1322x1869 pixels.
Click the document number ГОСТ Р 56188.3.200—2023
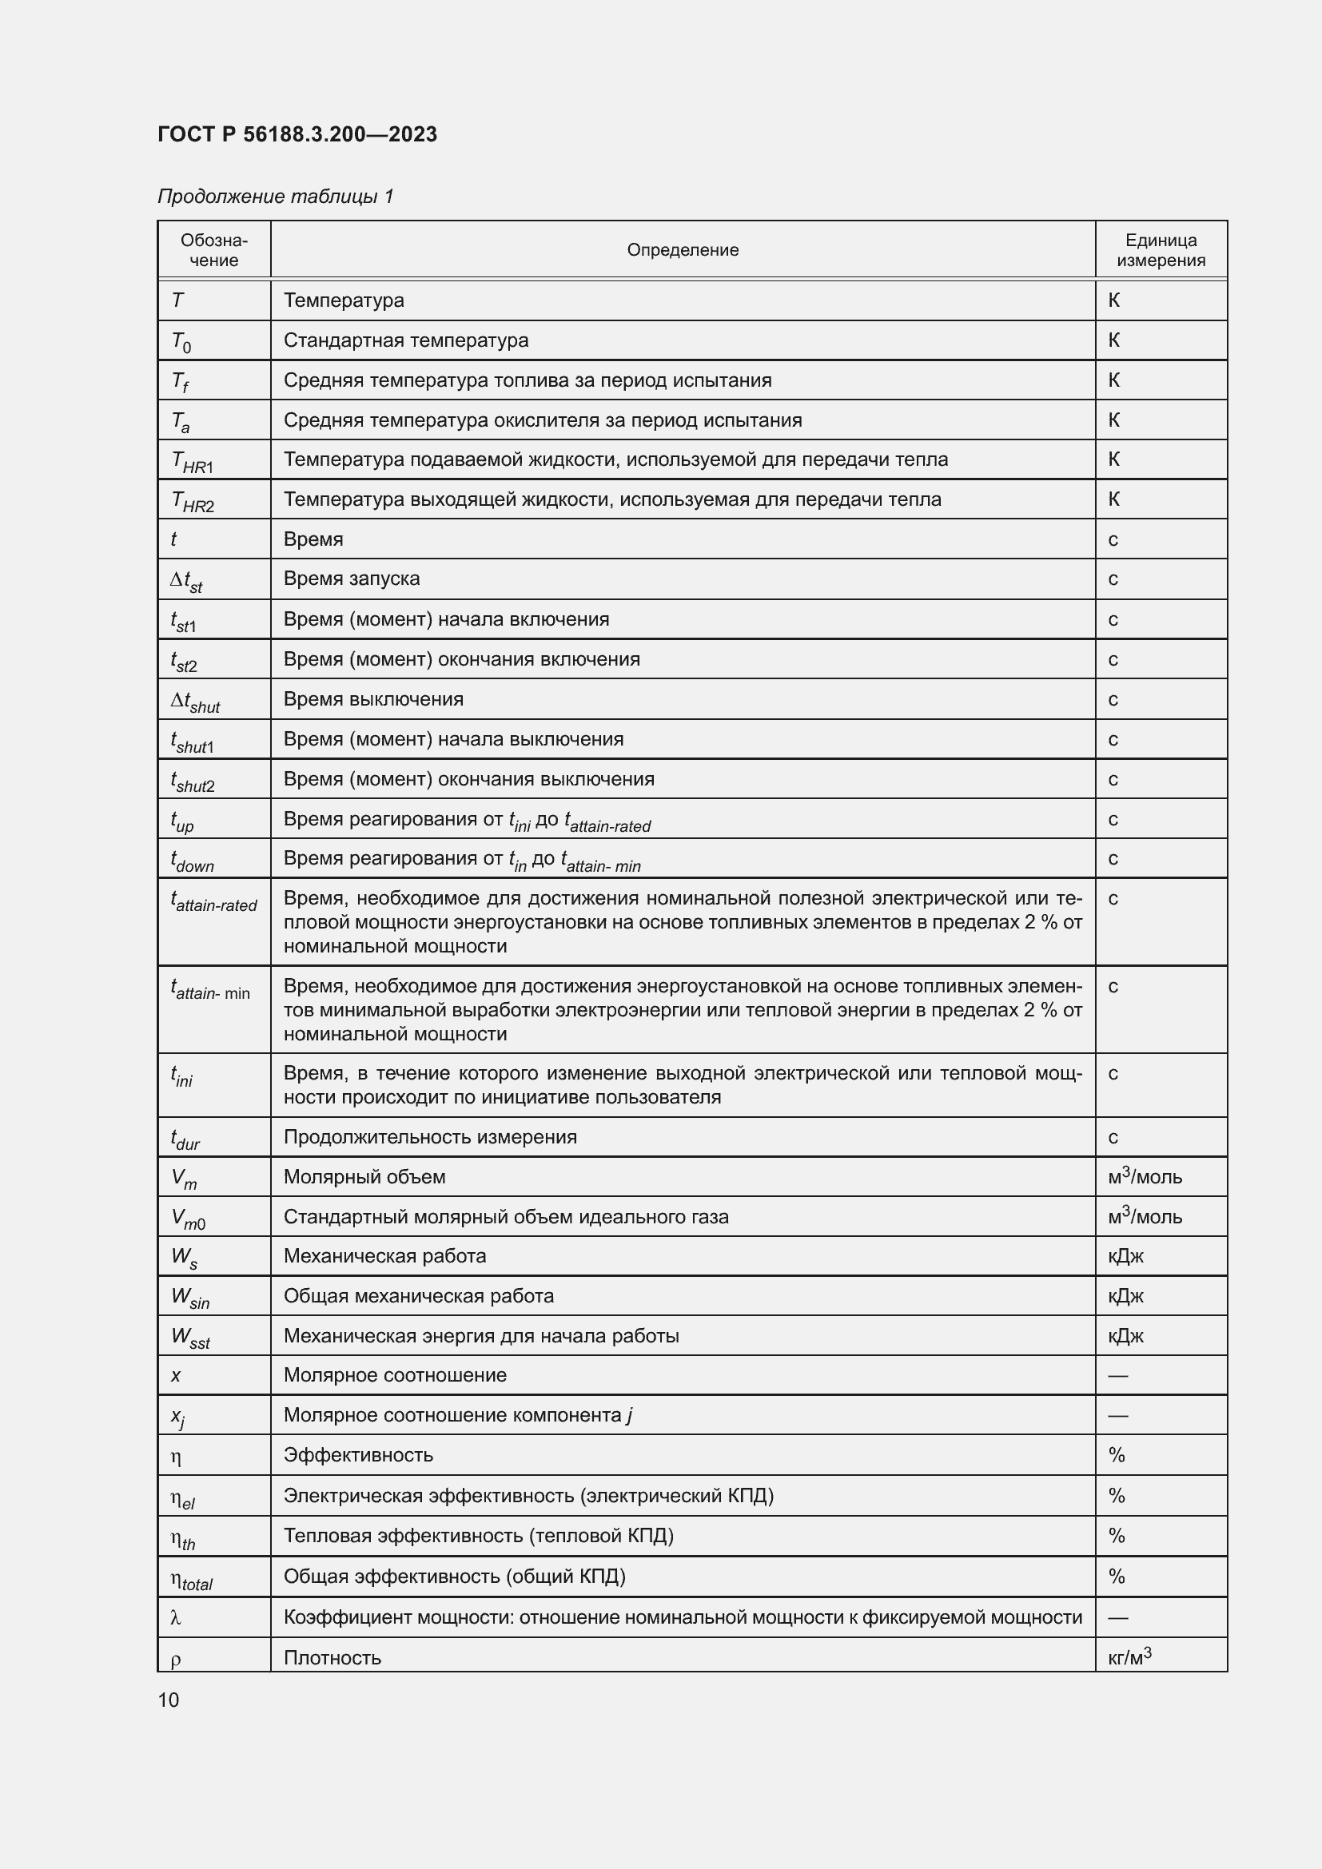(297, 134)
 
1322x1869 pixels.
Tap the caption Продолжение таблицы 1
(275, 197)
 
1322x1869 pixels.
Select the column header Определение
(682, 250)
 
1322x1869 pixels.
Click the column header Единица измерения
(1160, 250)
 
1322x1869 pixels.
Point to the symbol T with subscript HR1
(192, 462)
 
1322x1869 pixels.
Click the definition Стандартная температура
(405, 340)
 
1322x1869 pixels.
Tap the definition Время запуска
(352, 579)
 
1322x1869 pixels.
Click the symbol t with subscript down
(192, 861)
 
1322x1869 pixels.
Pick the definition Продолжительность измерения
(430, 1136)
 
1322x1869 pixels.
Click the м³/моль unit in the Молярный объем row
(1144, 1176)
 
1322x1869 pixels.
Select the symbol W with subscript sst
(190, 1338)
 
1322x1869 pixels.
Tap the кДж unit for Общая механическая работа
(1125, 1296)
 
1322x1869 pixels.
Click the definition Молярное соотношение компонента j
(457, 1415)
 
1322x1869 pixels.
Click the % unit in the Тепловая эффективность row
(1116, 1535)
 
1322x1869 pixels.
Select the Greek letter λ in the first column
(176, 1617)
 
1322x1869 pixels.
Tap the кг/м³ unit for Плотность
(1129, 1656)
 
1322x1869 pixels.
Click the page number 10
(169, 1700)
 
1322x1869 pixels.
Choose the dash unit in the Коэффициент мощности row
(1117, 1617)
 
